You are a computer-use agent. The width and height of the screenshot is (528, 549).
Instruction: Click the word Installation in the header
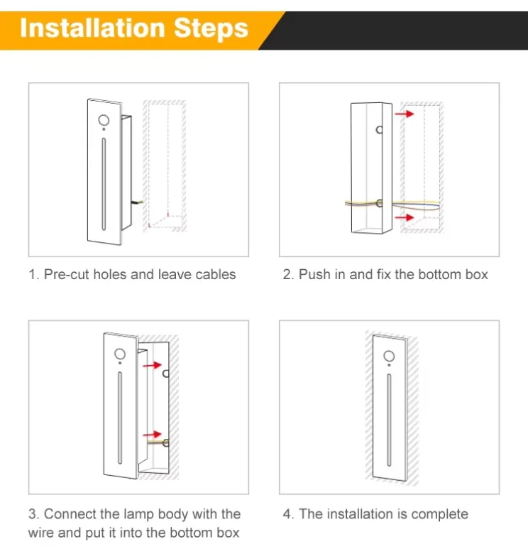pos(92,28)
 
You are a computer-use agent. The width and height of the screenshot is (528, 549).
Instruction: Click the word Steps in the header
pos(211,28)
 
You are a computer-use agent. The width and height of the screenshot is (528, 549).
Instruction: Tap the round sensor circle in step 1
pos(104,120)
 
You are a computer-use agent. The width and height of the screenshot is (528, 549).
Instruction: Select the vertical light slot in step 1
pos(104,184)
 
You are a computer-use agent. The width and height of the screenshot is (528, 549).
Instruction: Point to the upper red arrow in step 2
pos(405,114)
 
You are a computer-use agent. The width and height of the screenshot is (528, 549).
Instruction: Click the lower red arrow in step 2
pos(405,217)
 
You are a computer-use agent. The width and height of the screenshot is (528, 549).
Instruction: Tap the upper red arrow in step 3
pos(152,365)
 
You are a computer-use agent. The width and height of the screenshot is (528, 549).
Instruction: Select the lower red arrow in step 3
pos(152,435)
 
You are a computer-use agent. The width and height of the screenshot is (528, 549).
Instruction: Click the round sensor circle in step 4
pos(389,356)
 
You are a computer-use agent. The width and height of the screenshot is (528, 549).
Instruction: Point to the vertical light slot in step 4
pos(389,420)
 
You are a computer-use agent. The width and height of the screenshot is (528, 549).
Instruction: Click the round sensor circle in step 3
pos(120,354)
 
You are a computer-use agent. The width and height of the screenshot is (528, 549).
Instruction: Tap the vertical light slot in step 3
pos(120,418)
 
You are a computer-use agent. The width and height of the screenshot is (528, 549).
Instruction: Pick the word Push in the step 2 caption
pos(314,274)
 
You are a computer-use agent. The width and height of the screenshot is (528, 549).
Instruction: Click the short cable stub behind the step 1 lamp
pos(137,202)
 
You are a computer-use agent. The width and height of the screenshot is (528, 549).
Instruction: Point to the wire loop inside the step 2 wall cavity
pos(417,205)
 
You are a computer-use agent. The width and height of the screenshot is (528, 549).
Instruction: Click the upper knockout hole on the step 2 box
pos(379,130)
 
